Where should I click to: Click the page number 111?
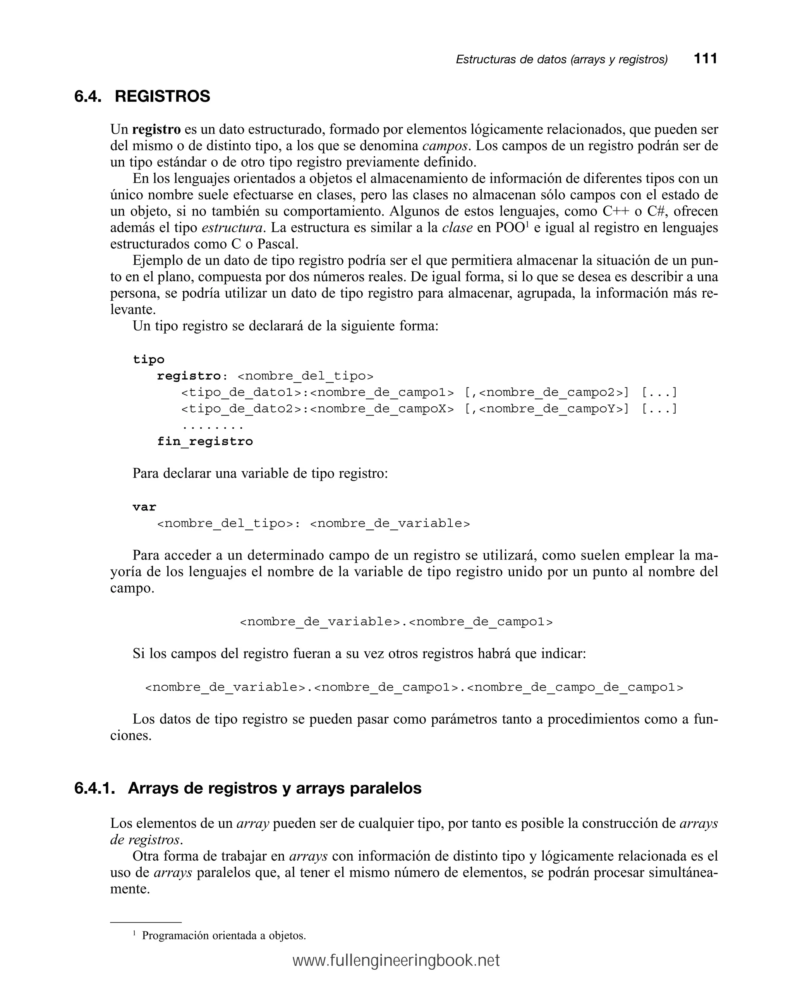[705, 58]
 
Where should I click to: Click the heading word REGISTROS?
[162, 96]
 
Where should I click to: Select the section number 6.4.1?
[94, 788]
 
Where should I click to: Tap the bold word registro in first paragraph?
[156, 130]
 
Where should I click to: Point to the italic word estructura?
[232, 228]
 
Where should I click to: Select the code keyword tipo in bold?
[148, 359]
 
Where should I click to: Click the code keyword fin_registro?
[205, 442]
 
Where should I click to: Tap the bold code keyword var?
[144, 507]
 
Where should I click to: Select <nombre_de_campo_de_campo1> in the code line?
[575, 688]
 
